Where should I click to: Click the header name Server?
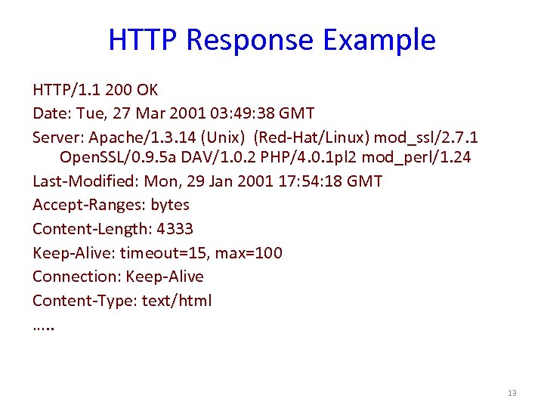click(x=58, y=138)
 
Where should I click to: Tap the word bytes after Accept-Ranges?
click(x=170, y=205)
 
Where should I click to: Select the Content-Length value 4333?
click(x=175, y=229)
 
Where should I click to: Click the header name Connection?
click(x=76, y=277)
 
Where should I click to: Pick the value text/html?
click(x=177, y=301)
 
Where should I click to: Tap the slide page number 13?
click(x=512, y=394)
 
